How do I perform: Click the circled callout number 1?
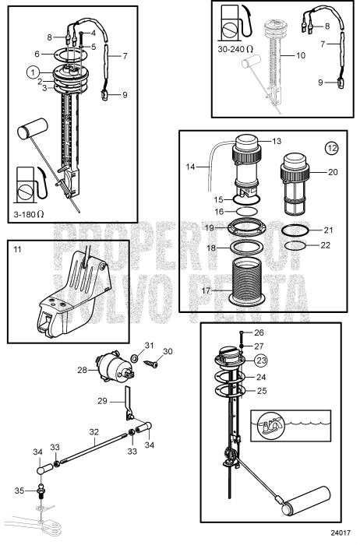[33, 72]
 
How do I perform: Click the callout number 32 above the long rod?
[93, 430]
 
